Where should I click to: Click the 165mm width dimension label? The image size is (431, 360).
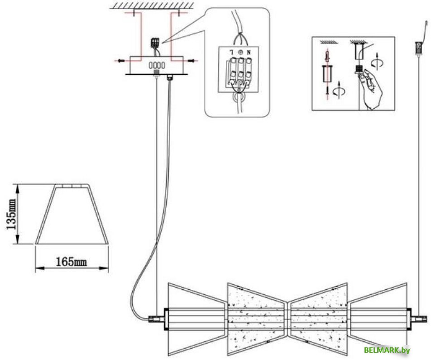(71, 262)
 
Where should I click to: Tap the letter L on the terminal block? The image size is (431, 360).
(232, 52)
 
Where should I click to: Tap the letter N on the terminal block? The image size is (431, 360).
(249, 52)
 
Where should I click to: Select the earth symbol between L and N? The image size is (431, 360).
(240, 52)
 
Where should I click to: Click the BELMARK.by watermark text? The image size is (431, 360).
(387, 350)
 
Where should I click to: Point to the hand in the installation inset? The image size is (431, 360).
(372, 89)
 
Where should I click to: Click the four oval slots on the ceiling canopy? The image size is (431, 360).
(157, 66)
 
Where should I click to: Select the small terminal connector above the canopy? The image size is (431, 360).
(155, 43)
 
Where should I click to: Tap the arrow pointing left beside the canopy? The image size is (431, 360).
(120, 61)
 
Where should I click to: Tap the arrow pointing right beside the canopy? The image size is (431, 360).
(193, 61)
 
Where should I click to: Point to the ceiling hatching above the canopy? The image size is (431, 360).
(152, 5)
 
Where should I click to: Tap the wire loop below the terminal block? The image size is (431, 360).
(238, 97)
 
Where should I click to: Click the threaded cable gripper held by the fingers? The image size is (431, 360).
(358, 70)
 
